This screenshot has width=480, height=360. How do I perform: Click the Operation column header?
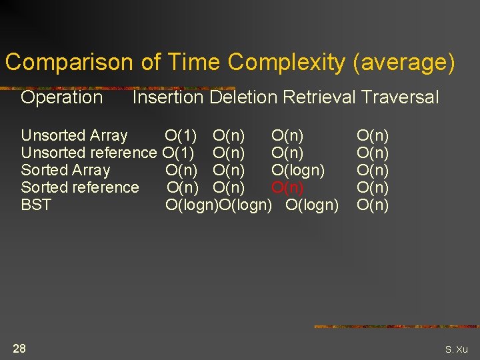click(x=62, y=97)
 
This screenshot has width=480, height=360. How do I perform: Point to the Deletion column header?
click(x=243, y=97)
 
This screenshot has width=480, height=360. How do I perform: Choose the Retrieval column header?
click(x=319, y=97)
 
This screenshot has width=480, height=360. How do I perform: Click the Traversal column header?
click(x=400, y=97)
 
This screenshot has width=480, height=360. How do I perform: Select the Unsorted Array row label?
click(x=74, y=135)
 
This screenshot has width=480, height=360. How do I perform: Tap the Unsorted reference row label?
click(x=89, y=153)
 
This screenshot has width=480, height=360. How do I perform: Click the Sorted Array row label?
click(x=65, y=170)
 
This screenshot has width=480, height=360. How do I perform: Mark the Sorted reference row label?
click(x=80, y=187)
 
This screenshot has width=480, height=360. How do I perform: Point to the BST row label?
click(x=36, y=205)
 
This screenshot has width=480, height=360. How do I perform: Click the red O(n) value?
click(x=287, y=187)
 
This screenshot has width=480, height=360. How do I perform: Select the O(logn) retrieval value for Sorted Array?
click(x=298, y=170)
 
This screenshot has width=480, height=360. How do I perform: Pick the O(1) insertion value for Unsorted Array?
click(x=181, y=135)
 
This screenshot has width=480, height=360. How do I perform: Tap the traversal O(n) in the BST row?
click(x=373, y=205)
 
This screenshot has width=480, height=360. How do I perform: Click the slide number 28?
click(x=19, y=348)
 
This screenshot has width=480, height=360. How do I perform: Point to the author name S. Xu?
click(x=457, y=349)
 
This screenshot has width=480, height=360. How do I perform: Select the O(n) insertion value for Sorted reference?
click(x=183, y=187)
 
